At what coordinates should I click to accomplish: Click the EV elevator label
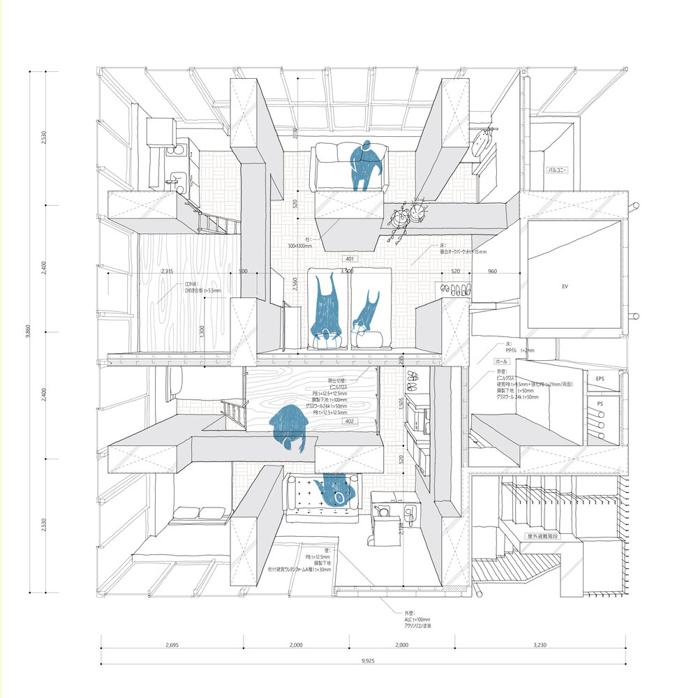565,286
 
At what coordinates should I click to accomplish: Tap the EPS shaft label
599,379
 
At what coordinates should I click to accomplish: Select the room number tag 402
350,421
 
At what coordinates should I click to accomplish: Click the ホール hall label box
501,362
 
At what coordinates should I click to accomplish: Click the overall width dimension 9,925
362,660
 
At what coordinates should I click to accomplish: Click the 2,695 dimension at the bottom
172,646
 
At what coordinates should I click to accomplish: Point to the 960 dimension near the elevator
493,271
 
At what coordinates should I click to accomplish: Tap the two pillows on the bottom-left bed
201,513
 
